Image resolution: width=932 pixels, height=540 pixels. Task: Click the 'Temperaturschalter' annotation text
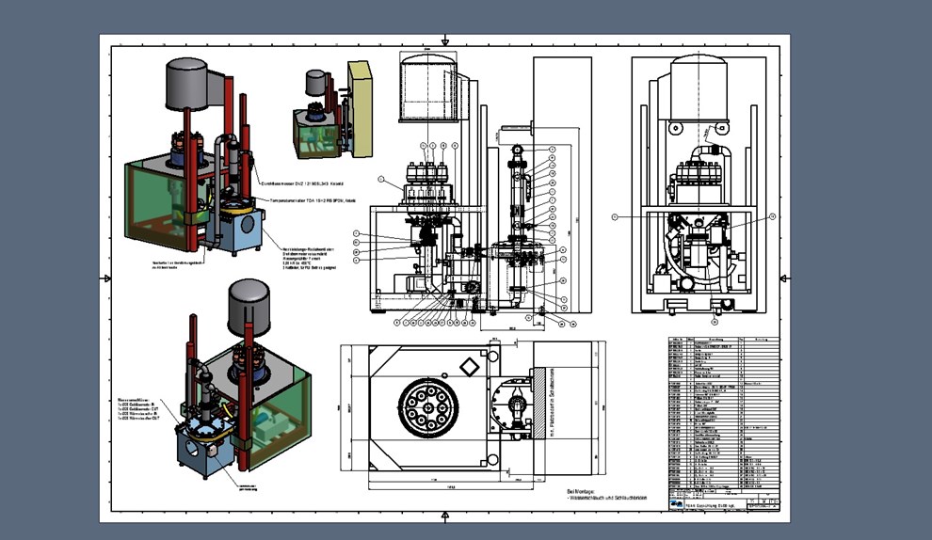coord(312,200)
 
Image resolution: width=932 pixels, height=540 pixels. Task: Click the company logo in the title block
coord(677,503)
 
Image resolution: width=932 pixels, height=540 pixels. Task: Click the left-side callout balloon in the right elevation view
coord(614,216)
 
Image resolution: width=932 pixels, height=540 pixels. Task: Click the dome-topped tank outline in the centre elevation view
coord(429,87)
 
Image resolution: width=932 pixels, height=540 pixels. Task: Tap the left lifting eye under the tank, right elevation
coord(675,126)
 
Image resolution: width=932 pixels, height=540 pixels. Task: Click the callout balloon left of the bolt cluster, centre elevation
coord(381,178)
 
